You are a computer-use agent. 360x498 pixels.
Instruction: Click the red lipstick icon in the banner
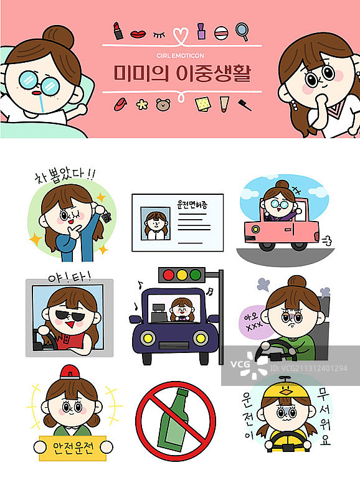point(118,29)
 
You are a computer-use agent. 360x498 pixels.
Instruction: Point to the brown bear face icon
point(163,105)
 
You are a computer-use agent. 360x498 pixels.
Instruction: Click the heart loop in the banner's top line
point(181,35)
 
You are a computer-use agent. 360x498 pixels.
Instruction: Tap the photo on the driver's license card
point(153,223)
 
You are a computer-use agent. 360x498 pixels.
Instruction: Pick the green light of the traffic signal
point(196,275)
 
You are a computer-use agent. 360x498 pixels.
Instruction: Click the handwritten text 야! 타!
point(69,276)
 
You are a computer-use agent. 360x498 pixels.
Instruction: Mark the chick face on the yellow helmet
point(287,391)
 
